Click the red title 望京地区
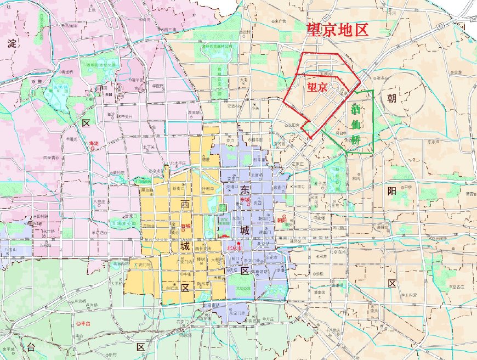[336, 30]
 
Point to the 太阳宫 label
[294, 125]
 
